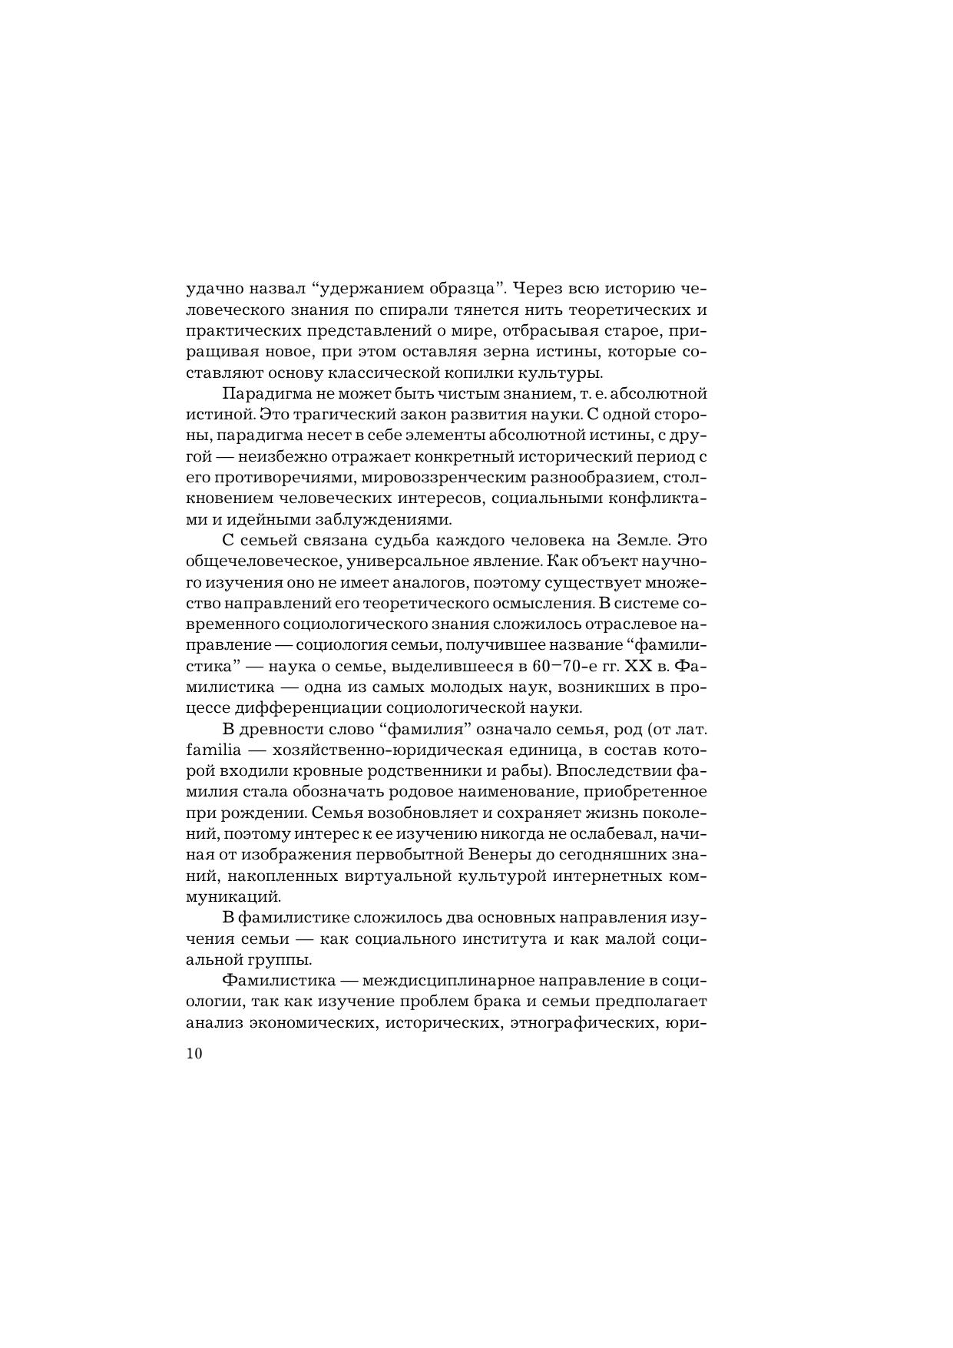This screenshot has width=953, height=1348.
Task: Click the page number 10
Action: coord(194,1053)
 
